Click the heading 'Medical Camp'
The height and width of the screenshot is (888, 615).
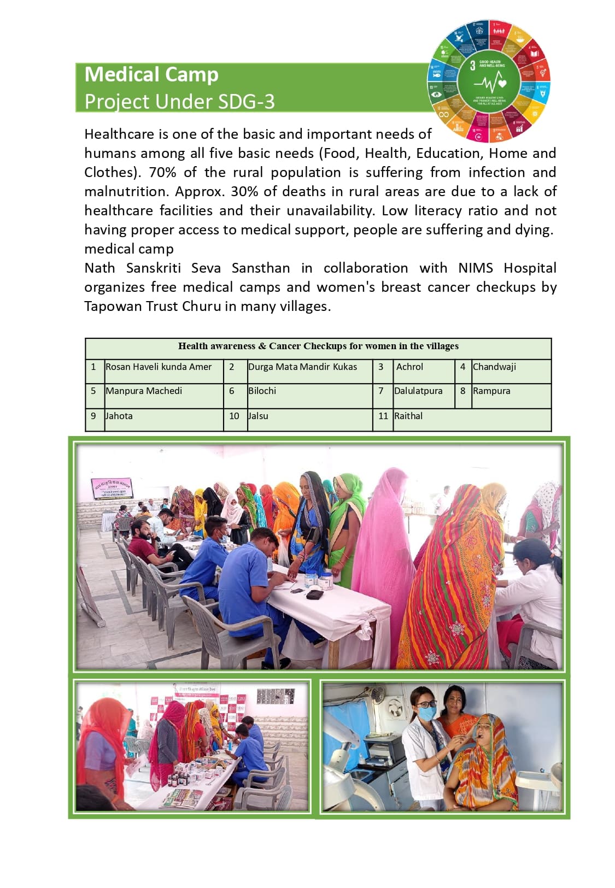coord(151,74)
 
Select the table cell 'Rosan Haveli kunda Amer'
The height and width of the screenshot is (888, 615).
coord(159,367)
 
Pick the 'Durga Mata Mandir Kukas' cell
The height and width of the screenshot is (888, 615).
coord(302,367)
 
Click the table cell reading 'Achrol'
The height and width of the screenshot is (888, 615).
coord(409,367)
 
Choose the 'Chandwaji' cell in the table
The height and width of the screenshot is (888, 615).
coord(494,367)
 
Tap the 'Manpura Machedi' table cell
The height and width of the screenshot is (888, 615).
coord(144,391)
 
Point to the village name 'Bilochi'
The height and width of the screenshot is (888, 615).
coord(262,391)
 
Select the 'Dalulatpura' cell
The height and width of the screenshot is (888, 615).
coord(418,391)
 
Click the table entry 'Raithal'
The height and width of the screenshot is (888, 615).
coord(408,416)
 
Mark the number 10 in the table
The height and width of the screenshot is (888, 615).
coord(234,416)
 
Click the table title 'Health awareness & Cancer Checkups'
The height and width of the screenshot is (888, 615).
coord(318,346)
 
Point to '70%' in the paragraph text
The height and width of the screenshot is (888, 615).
coord(162,172)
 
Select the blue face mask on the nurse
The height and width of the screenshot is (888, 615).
coord(427,713)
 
